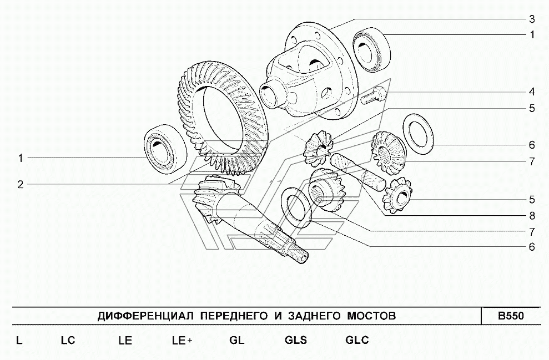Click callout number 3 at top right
coord(532,19)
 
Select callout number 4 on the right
coord(532,92)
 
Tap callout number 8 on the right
coord(532,216)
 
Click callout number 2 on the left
coord(21,184)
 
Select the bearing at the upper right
coord(371,50)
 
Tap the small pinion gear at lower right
coord(397,196)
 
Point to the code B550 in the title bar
coord(511,316)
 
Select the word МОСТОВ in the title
coord(371,316)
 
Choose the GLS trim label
coord(296,340)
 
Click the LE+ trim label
coord(182,340)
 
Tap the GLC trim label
coord(357,340)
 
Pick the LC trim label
coord(68,340)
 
